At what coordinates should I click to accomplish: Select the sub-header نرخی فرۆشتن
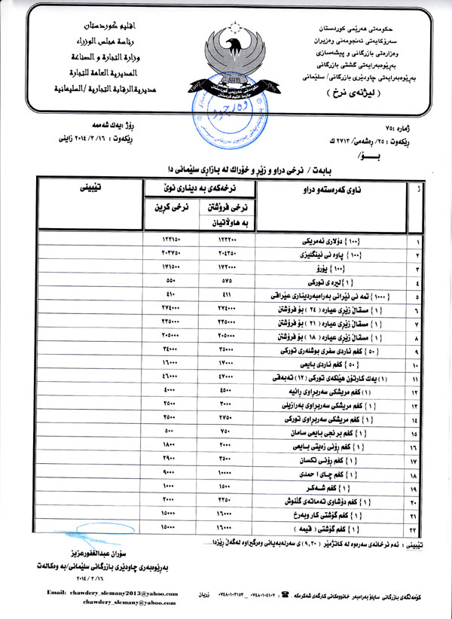226,212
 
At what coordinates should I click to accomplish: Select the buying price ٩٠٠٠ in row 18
168,473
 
